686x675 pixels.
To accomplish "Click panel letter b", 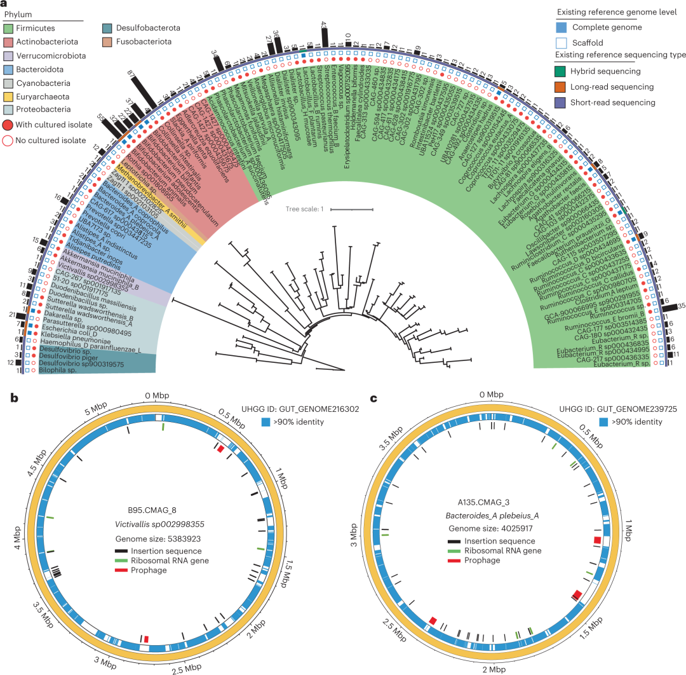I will click(14, 399).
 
